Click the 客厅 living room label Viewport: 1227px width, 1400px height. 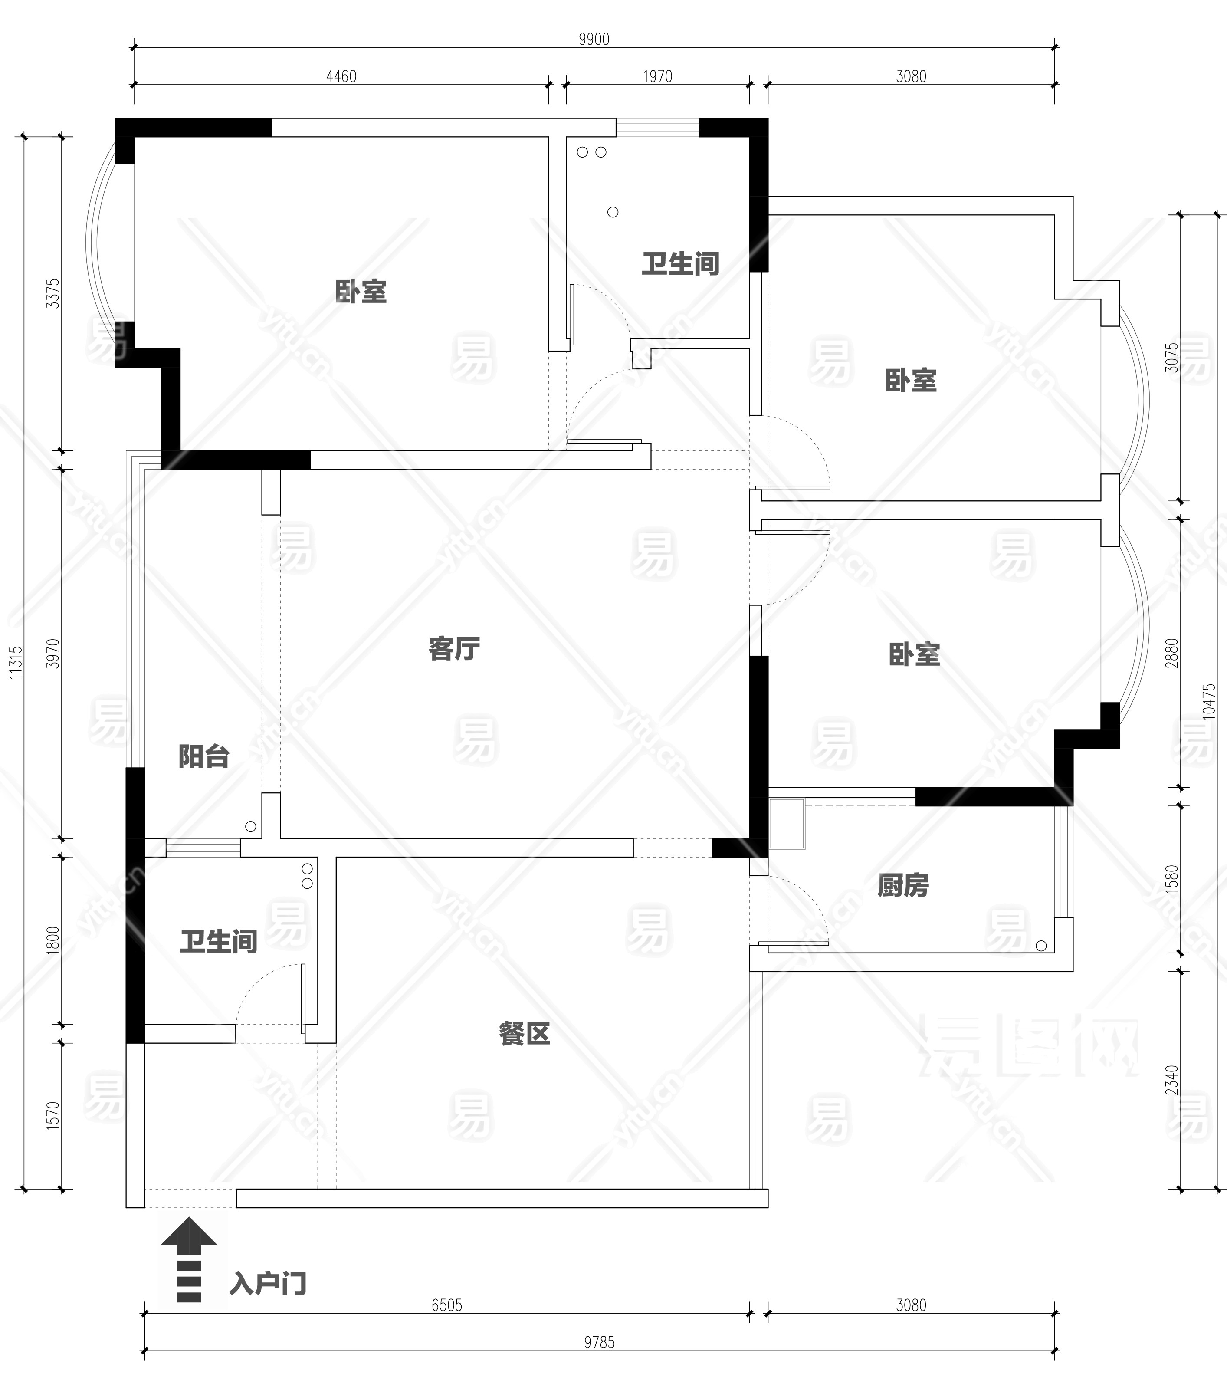[x=454, y=648]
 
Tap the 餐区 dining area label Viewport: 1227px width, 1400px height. [x=525, y=1034]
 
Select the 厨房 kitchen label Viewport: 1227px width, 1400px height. [x=903, y=886]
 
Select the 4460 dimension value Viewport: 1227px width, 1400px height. [x=341, y=76]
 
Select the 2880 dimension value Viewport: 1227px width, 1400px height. [x=1172, y=653]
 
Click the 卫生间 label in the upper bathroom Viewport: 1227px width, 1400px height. [x=681, y=264]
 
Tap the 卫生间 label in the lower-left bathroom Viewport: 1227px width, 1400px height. [x=218, y=942]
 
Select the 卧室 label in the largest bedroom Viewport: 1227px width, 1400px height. [x=361, y=292]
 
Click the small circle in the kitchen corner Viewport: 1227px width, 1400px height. [x=1041, y=946]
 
